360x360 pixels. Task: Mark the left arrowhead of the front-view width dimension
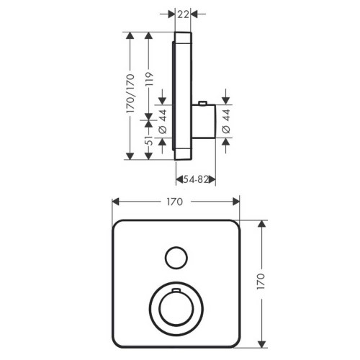[114, 202]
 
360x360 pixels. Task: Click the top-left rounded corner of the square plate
[118, 225]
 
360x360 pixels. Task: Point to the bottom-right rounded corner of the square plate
[233, 336]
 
